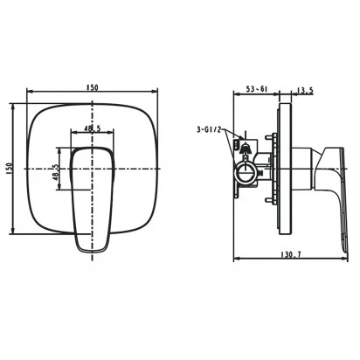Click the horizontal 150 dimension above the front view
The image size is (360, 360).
pyautogui.click(x=93, y=87)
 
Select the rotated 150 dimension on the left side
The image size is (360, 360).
pyautogui.click(x=9, y=169)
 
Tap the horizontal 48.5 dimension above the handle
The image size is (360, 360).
pyautogui.click(x=93, y=128)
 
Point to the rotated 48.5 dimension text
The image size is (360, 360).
pyautogui.click(x=56, y=172)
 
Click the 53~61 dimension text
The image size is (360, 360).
pyautogui.click(x=257, y=89)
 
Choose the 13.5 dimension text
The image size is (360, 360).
pyautogui.click(x=305, y=90)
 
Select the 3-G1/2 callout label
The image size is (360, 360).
pyautogui.click(x=209, y=130)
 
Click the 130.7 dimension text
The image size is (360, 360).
pyautogui.click(x=291, y=254)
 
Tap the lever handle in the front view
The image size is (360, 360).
pyautogui.click(x=92, y=199)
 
